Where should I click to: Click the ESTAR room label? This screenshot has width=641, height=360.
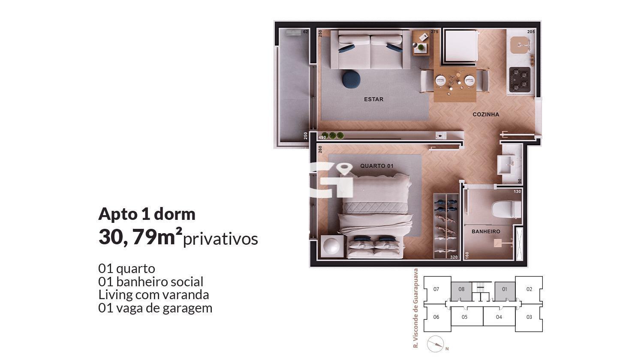click(x=373, y=99)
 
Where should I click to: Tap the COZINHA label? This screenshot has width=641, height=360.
click(x=486, y=114)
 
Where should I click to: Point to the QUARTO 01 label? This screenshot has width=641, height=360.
click(x=376, y=166)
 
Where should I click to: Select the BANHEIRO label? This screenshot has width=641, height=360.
click(x=486, y=231)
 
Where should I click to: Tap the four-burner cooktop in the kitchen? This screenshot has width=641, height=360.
click(x=520, y=79)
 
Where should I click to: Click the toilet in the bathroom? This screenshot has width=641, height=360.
click(x=506, y=209)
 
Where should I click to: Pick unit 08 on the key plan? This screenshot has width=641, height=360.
click(x=461, y=291)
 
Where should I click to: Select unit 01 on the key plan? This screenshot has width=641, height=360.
click(x=505, y=291)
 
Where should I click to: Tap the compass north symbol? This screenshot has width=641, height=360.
click(x=436, y=344)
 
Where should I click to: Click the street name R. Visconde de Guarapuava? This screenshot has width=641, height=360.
click(x=416, y=308)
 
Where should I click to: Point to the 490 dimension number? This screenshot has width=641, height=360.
click(x=322, y=138)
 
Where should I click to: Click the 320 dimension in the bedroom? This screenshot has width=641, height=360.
click(x=454, y=257)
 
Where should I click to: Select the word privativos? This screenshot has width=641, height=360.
click(x=220, y=239)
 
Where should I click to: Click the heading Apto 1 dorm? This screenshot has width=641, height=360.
click(x=147, y=214)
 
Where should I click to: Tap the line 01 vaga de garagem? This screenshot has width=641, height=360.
click(x=155, y=308)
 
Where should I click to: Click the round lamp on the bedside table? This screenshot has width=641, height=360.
click(x=332, y=246)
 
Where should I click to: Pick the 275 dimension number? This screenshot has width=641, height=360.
click(x=434, y=32)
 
